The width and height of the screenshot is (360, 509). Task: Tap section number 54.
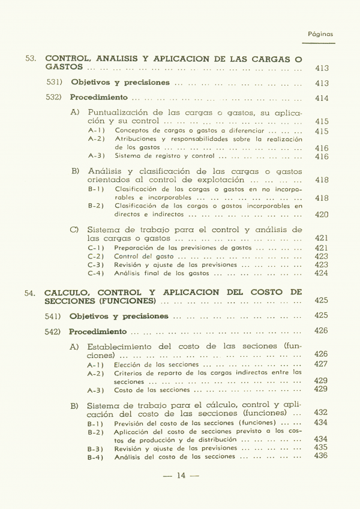tap(31, 293)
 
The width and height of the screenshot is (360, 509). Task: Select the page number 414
tap(322, 98)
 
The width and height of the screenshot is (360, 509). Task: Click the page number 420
tap(322, 215)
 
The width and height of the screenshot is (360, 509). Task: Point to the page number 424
tap(322, 273)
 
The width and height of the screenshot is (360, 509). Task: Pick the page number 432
tap(321, 412)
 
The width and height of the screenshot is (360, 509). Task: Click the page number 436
tap(321, 456)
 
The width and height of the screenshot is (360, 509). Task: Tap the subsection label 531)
tap(56, 82)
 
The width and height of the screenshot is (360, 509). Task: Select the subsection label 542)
tap(55, 332)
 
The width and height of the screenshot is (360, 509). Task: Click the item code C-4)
tap(96, 273)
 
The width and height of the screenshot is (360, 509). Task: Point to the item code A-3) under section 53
tap(96, 156)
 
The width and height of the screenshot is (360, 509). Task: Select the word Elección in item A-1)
tap(127, 364)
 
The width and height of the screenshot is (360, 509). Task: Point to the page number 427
tap(321, 364)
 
